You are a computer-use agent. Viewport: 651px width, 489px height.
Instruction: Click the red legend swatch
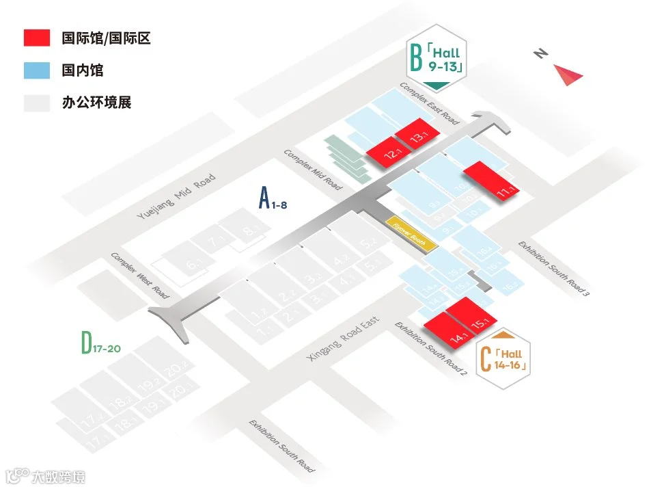(36, 38)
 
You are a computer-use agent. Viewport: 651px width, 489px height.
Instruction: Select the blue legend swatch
(36, 70)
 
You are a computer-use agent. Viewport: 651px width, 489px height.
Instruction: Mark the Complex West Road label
(140, 275)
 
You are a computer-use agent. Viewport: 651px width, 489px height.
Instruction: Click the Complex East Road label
(429, 103)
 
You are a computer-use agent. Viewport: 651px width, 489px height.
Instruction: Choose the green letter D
(86, 343)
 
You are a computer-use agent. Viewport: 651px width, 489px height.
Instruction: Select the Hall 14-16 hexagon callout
(503, 360)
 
